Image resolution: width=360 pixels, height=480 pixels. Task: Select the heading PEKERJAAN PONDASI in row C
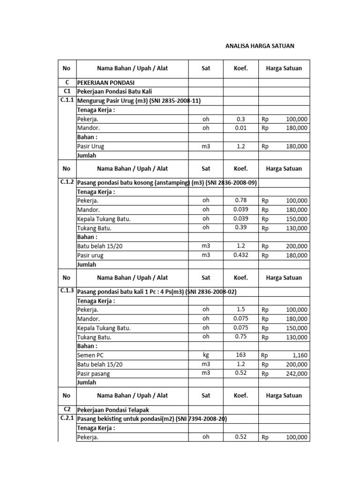point(106,82)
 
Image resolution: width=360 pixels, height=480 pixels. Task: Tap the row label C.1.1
point(67,100)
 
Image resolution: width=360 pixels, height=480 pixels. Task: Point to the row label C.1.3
point(67,291)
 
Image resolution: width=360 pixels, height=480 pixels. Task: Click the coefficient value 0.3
point(240,119)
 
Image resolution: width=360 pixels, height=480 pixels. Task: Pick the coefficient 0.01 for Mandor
point(240,127)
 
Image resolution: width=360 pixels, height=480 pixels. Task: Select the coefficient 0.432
point(240,255)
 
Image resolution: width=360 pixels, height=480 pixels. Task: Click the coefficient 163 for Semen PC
point(240,355)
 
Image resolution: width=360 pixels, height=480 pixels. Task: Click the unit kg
point(206,355)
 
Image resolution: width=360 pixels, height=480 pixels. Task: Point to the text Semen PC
point(90,355)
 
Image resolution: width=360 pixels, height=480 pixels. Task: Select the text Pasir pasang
point(94,374)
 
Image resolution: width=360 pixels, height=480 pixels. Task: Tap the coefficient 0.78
point(240,200)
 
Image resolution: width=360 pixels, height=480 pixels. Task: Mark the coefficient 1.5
point(240,309)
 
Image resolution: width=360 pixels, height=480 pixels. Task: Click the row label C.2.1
point(67,418)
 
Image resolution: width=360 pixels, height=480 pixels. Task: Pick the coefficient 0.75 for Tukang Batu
point(240,336)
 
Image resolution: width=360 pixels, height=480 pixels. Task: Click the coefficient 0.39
point(240,227)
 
